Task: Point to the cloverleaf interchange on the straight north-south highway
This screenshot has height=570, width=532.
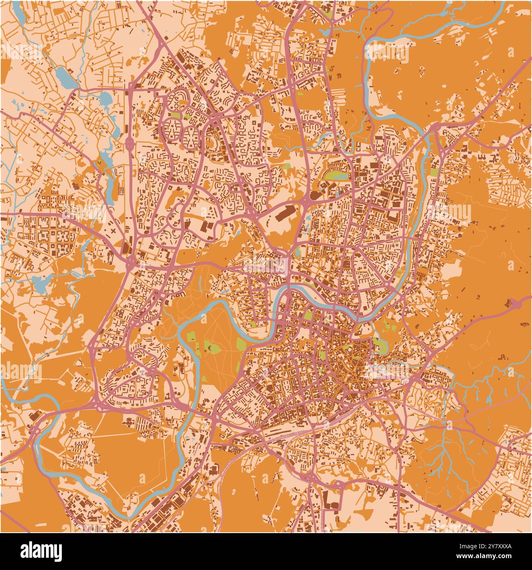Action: (x=130, y=144)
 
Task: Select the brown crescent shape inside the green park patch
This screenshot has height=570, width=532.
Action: (x=211, y=348)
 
